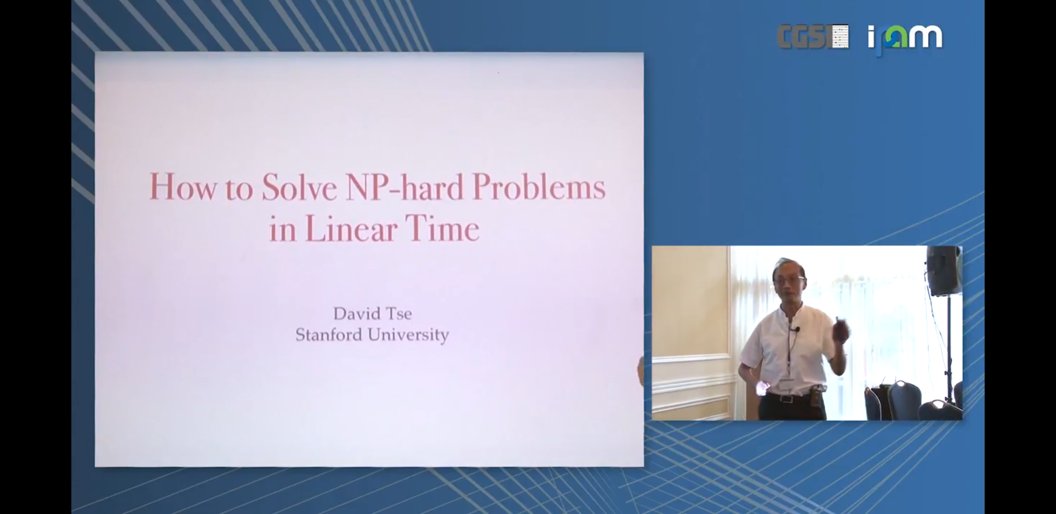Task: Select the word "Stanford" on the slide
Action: (x=329, y=335)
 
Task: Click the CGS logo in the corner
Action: (x=813, y=37)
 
